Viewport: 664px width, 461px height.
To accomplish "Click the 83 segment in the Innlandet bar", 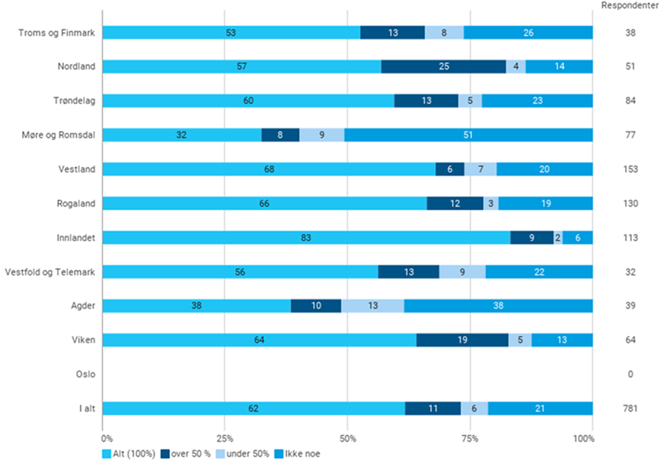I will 306,238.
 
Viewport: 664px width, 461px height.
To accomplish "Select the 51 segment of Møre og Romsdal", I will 468,135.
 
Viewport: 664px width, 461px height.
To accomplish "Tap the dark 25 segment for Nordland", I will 443,66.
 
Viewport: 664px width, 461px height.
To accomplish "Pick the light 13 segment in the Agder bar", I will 372,306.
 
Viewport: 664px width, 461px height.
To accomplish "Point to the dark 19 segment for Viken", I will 462,340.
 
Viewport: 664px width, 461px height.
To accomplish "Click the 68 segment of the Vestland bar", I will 269,169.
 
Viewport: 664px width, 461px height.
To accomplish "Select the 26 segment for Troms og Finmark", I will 528,32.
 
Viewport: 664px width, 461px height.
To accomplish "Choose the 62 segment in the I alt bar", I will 254,408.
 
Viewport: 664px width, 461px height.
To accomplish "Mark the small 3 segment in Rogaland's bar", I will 491,203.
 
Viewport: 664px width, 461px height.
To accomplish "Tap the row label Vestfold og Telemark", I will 50,272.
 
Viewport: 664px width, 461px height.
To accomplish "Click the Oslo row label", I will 85,375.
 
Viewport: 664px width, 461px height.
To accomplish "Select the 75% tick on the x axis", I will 470,438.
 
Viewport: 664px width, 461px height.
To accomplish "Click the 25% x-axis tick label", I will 224,438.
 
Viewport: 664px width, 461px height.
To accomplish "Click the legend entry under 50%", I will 246,453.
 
